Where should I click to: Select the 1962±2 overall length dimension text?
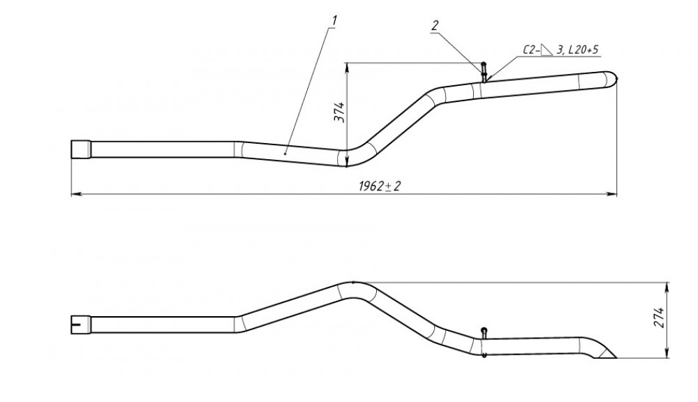(380, 186)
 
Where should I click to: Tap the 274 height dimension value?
(660, 318)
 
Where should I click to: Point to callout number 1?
(334, 20)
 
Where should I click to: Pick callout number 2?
(434, 25)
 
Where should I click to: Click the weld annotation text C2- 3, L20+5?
(560, 50)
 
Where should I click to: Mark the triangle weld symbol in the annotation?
(547, 50)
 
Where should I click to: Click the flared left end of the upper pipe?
(81, 149)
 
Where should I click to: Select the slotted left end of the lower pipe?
(81, 325)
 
